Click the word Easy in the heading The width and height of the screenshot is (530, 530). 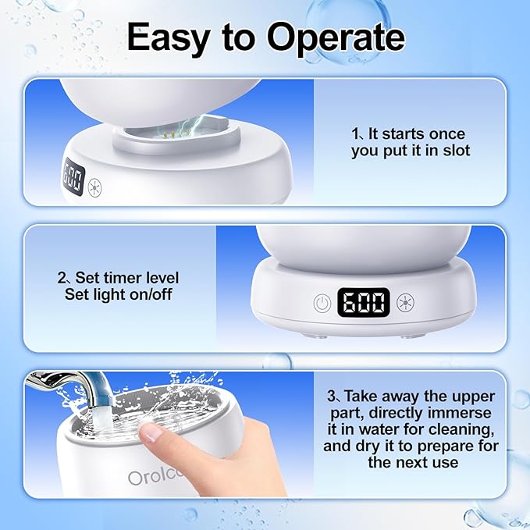[169, 37]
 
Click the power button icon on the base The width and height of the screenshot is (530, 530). [321, 302]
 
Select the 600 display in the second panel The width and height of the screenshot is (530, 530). [364, 302]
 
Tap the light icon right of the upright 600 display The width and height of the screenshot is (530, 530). [406, 302]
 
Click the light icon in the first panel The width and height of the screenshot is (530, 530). [97, 187]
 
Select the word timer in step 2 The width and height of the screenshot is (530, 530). [137, 278]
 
